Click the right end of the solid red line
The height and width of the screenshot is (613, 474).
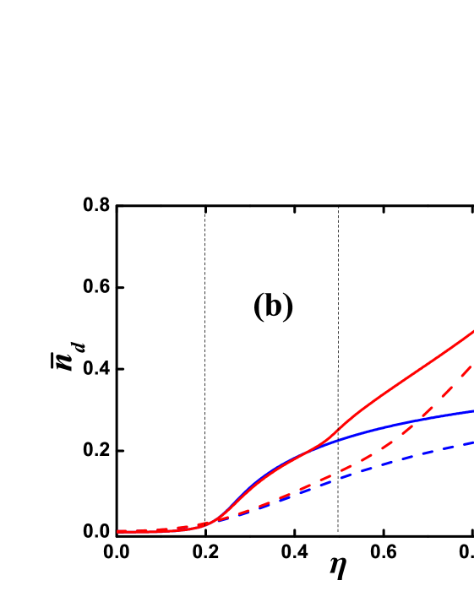coord(472,332)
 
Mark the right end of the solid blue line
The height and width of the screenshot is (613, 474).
coord(472,411)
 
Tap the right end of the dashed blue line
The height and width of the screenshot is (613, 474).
coord(471,442)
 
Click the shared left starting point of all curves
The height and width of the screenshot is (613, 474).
coord(118,532)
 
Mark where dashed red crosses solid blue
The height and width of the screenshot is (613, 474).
coord(412,421)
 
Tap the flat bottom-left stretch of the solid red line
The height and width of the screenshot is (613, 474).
coord(156,532)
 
